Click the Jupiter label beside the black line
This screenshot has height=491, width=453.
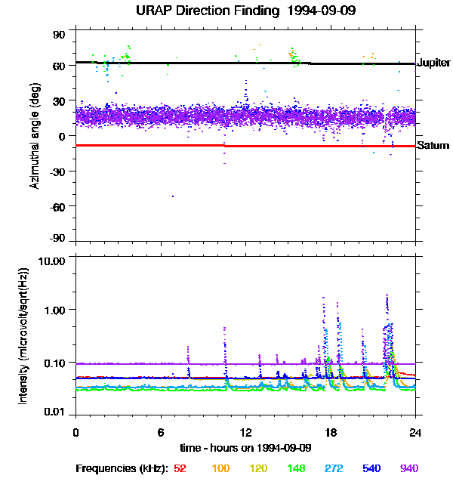[434, 63]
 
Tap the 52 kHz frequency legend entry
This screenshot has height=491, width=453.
[180, 469]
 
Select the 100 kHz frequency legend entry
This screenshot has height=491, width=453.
[220, 469]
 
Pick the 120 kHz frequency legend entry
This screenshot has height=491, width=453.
[258, 469]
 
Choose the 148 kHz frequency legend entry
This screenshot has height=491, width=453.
[296, 469]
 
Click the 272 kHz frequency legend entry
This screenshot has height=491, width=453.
[334, 469]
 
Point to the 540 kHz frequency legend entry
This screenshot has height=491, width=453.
[371, 469]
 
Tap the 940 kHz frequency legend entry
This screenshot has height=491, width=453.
[409, 469]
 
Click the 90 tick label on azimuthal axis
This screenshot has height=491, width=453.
[60, 36]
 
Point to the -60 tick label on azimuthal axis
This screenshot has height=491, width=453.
[57, 205]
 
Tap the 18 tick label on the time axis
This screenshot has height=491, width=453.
[330, 432]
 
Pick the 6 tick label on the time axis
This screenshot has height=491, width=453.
[160, 432]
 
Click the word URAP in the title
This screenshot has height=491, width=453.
[153, 11]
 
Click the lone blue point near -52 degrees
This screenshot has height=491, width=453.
[172, 196]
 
